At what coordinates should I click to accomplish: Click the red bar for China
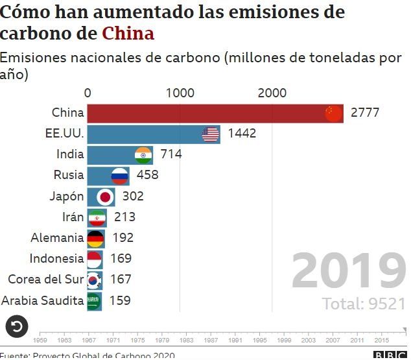(207, 114)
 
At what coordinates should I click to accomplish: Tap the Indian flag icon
(143, 154)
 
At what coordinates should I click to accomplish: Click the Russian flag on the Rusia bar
(120, 175)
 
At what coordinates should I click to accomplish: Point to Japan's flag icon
(105, 196)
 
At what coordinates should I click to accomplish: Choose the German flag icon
(95, 238)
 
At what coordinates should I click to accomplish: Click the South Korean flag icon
(94, 280)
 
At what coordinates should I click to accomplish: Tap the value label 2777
(365, 113)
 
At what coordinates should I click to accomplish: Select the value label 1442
(242, 134)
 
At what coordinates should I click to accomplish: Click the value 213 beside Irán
(124, 217)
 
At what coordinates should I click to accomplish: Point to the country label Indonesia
(56, 259)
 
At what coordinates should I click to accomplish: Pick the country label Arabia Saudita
(43, 300)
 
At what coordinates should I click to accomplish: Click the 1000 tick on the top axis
(180, 93)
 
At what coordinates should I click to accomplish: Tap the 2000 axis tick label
(272, 93)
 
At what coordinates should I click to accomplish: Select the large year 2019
(348, 271)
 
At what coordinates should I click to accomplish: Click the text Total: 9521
(364, 303)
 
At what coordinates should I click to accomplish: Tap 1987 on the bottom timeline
(211, 339)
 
